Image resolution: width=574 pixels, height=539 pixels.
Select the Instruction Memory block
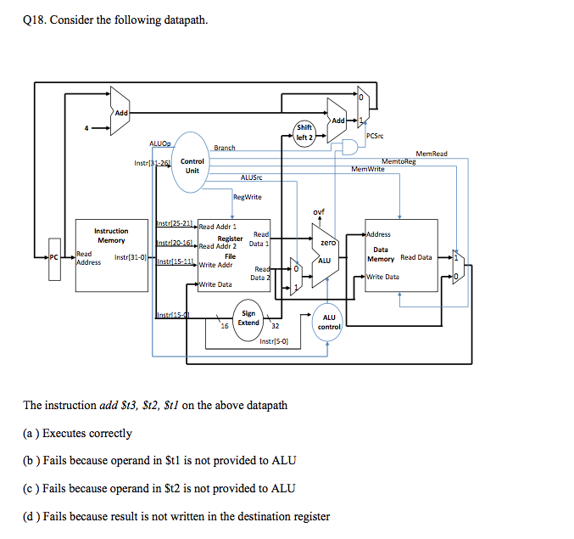click(111, 246)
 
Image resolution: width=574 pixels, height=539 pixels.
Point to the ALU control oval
click(329, 322)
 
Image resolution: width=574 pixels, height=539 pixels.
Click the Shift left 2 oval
click(304, 132)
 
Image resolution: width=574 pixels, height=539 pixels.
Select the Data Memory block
click(400, 254)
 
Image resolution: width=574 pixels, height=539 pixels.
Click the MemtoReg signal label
click(398, 160)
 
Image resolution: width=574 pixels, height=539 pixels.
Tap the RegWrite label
click(248, 197)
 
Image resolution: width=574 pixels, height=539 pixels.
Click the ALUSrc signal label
click(252, 177)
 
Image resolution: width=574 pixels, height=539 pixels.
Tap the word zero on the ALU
click(328, 242)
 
